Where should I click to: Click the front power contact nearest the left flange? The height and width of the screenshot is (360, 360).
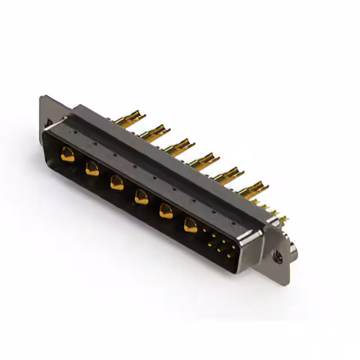[x=67, y=154]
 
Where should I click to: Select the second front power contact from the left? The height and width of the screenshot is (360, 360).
[x=92, y=168]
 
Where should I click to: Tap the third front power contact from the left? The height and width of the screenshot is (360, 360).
[x=117, y=182]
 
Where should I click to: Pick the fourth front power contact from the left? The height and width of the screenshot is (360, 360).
[x=141, y=196]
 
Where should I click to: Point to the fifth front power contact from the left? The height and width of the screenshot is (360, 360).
[x=166, y=211]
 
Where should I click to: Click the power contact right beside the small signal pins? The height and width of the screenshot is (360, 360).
[x=191, y=226]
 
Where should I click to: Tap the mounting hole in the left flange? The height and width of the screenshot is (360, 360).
[x=48, y=122]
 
